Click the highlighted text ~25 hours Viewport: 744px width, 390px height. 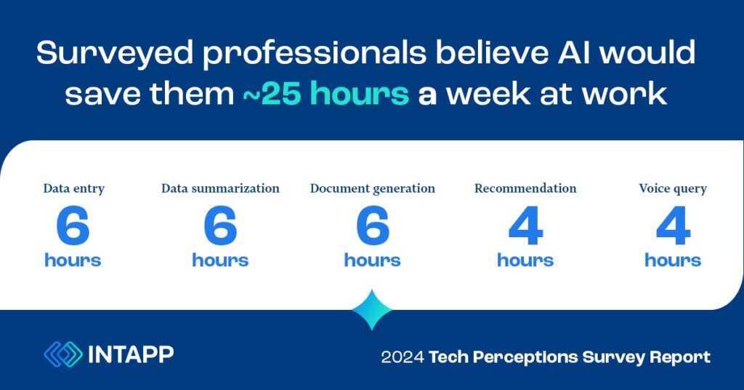click(325, 93)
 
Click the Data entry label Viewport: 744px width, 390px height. click(74, 189)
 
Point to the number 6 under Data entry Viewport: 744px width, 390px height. click(73, 226)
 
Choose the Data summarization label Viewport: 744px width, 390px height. click(220, 188)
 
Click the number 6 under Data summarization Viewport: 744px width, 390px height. click(220, 226)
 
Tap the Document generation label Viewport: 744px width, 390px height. click(373, 189)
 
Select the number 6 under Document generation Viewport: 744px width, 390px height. click(373, 226)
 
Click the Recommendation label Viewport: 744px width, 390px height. click(525, 188)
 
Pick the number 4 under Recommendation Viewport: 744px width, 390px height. click(525, 226)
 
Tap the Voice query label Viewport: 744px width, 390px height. click(673, 189)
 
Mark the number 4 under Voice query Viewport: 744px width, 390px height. click(673, 226)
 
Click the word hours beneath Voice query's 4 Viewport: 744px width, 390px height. click(673, 260)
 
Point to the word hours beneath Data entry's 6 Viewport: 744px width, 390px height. click(73, 260)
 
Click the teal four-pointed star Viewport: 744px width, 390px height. click(372, 310)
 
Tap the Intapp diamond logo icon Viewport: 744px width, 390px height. click(63, 354)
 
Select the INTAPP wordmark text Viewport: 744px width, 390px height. click(131, 354)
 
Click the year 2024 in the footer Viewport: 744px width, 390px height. click(403, 357)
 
